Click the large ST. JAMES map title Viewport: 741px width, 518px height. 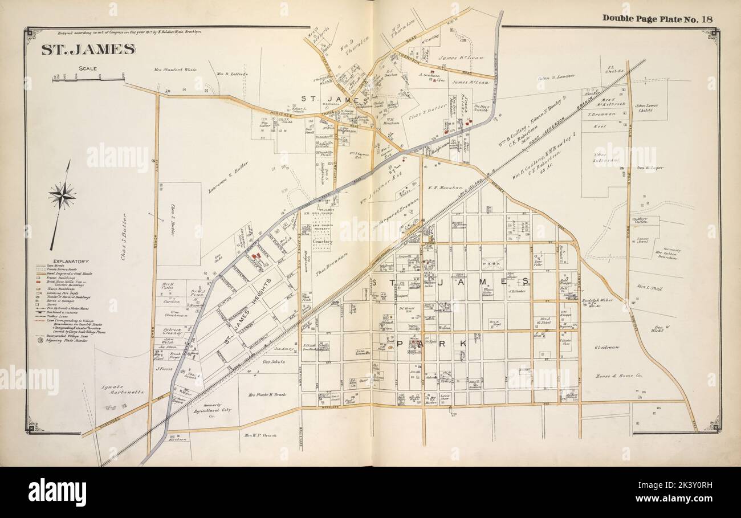tap(88, 49)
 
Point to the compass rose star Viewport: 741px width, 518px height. tap(62, 196)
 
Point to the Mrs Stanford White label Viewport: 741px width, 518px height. tap(175, 70)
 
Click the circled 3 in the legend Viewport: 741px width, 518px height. tap(39, 341)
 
